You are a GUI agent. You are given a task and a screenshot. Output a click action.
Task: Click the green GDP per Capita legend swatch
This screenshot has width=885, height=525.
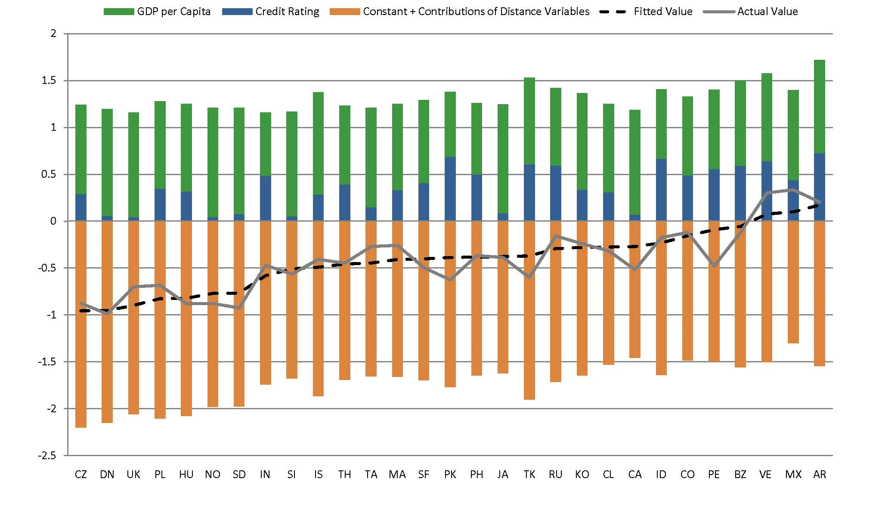pyautogui.click(x=119, y=12)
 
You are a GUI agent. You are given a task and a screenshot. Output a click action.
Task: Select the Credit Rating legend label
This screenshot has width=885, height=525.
pyautogui.click(x=287, y=12)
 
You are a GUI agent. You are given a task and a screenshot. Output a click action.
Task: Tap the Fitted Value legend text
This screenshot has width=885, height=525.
pyautogui.click(x=663, y=12)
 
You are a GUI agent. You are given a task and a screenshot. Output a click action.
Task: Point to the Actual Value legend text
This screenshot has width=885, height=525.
pyautogui.click(x=767, y=12)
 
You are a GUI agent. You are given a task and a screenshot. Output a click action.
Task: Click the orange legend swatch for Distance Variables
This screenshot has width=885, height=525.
pyautogui.click(x=345, y=12)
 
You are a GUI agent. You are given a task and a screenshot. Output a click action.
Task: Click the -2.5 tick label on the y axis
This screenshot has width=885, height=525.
pyautogui.click(x=47, y=455)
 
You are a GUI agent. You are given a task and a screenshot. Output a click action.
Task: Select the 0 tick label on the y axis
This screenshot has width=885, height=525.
pyautogui.click(x=53, y=221)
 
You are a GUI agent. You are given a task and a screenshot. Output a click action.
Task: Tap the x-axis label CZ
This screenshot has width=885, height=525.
pyautogui.click(x=81, y=474)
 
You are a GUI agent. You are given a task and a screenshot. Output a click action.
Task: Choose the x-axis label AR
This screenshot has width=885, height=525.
pyautogui.click(x=820, y=474)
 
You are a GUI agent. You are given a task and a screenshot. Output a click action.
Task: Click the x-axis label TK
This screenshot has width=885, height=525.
pyautogui.click(x=529, y=474)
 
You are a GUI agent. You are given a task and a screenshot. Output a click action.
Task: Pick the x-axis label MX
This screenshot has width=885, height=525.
pyautogui.click(x=793, y=474)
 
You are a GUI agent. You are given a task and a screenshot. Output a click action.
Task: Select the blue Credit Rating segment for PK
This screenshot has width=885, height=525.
pyautogui.click(x=450, y=189)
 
